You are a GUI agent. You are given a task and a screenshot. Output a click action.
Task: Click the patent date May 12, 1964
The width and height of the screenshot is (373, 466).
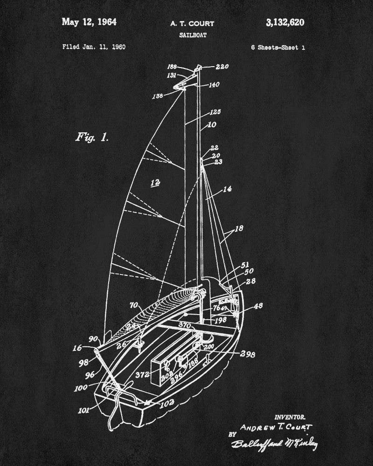coord(89,22)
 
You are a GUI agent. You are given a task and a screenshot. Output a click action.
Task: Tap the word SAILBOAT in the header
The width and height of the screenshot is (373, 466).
coord(192,35)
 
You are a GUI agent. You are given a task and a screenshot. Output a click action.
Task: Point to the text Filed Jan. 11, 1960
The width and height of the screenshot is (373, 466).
coord(94,47)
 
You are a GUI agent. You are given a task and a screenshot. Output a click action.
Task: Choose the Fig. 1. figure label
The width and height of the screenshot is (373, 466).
coord(92,137)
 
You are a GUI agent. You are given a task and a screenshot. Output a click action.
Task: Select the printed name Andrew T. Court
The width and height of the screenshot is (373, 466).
coord(276,427)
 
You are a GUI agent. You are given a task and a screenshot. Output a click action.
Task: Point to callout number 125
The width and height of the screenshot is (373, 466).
coord(215,112)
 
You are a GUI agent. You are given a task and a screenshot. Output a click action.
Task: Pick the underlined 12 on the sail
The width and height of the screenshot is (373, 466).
coord(156,182)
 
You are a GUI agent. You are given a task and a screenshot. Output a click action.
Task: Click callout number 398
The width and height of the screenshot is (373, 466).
coord(248,354)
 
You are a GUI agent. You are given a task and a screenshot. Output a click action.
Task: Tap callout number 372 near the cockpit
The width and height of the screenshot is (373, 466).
coord(142,374)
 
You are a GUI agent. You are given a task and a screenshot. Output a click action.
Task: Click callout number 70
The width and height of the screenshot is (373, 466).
coord(134,306)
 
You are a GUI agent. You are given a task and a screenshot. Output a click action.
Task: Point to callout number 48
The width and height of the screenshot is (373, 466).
coord(258,306)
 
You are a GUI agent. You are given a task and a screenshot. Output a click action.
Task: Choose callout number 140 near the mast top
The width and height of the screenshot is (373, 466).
coord(214,85)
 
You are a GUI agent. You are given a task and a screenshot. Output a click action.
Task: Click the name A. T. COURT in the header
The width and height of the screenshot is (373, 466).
coord(192,24)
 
